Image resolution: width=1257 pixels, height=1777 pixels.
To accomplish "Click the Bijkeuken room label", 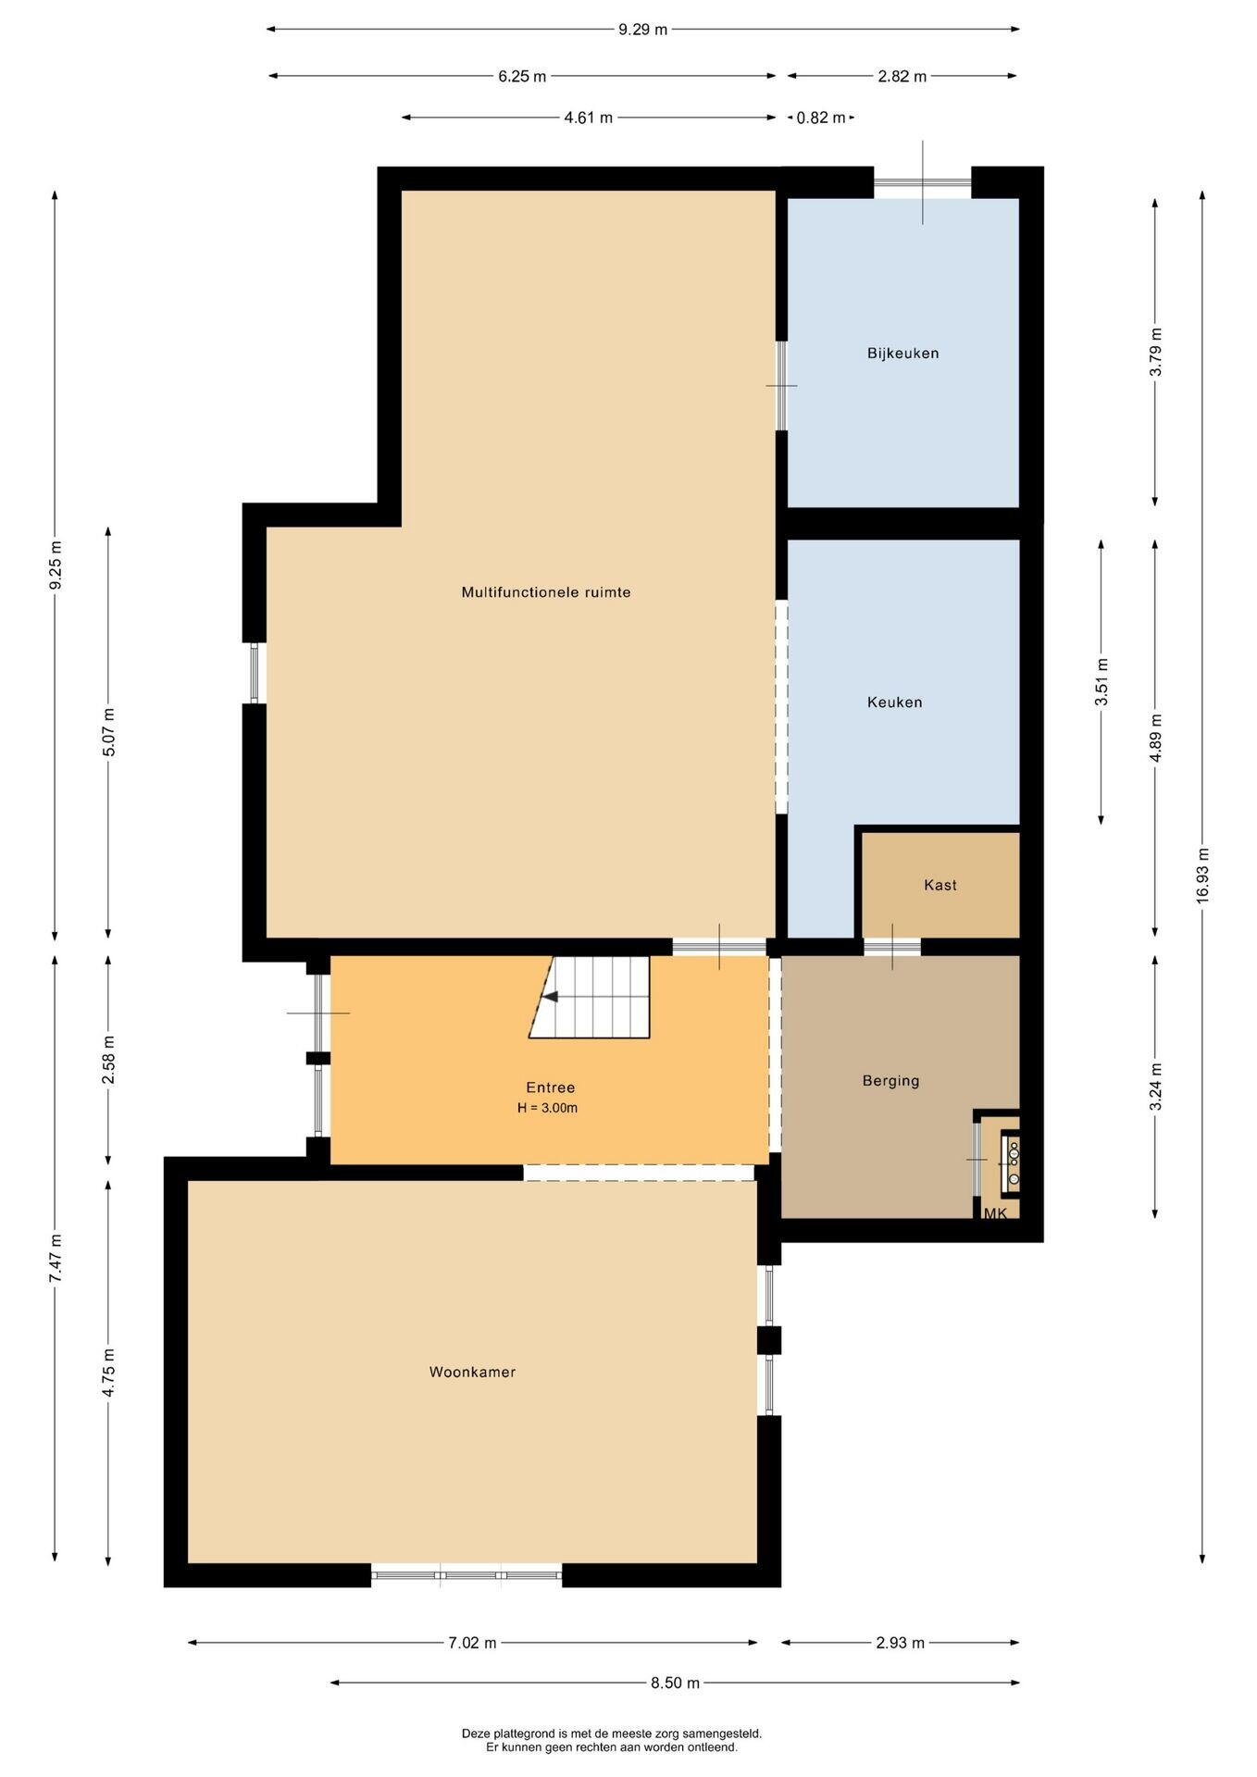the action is coord(902,353).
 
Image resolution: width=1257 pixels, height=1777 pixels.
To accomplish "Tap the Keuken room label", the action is coord(894,702).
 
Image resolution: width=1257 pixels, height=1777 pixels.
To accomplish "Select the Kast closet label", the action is coord(940,885).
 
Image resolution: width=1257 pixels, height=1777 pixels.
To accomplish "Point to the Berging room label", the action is coord(890,1080).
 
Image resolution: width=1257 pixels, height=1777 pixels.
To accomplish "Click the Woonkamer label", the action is coord(472,1372).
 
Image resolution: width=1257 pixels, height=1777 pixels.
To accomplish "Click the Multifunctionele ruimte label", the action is coord(546,592).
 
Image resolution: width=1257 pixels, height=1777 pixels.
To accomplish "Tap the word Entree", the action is coord(551,1087).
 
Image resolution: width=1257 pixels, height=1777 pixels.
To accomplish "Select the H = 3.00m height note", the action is coord(548,1108).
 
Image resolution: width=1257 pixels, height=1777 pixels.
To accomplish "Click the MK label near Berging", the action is coord(995,1213).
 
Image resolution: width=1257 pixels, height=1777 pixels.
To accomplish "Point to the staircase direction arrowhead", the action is coord(550,997).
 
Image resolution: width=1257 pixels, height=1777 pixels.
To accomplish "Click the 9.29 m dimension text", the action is coord(642,29).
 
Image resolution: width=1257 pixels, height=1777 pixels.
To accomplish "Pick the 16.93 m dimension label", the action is coord(1202,876).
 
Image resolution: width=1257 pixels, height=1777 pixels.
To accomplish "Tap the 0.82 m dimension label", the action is coord(820,118).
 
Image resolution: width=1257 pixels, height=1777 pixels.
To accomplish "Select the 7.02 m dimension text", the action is coord(472,1643).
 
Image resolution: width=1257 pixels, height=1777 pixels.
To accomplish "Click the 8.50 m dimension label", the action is coord(675,1683).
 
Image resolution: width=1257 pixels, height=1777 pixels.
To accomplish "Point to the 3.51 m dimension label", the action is coord(1101,682).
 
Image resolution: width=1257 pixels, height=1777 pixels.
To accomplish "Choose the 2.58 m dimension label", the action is coord(108,1061).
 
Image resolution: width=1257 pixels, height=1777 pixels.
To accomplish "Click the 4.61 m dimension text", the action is coord(588,118).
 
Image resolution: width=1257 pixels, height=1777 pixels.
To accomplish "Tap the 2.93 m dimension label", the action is coord(900,1643).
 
